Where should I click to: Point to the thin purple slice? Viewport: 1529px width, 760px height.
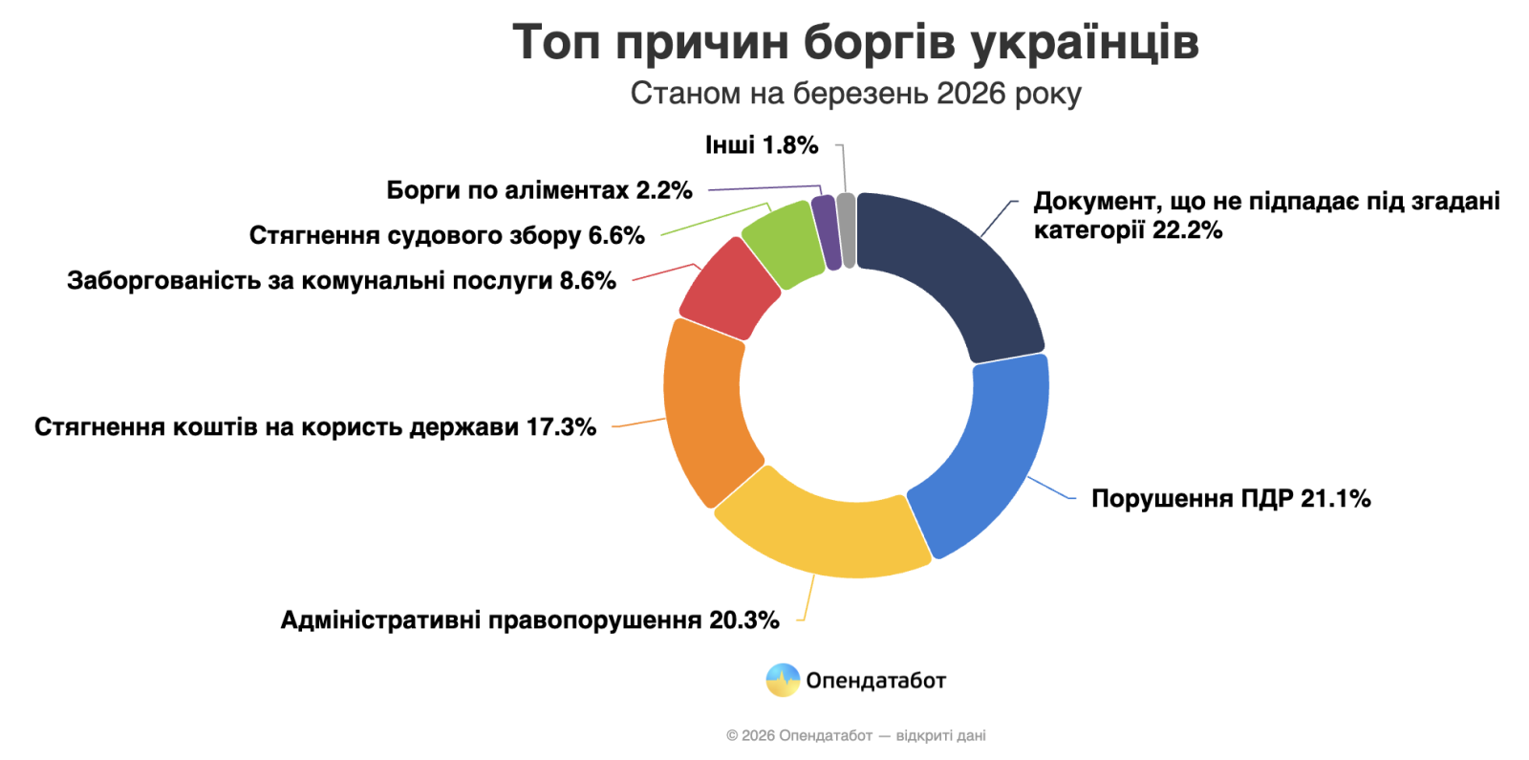(x=826, y=231)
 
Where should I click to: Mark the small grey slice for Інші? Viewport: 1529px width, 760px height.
(x=846, y=229)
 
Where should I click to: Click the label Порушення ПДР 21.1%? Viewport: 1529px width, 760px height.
(x=1231, y=498)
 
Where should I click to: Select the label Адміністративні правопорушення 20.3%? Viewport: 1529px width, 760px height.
(x=529, y=620)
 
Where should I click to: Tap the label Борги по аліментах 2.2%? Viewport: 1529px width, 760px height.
(x=539, y=190)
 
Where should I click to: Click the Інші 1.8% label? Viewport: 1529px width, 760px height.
(x=762, y=145)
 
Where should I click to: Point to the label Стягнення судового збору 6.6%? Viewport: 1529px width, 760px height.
(x=446, y=235)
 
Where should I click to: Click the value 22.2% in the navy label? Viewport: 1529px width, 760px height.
(x=1188, y=230)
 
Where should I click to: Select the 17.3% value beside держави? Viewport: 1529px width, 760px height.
(x=561, y=426)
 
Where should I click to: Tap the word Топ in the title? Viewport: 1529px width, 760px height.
(x=556, y=42)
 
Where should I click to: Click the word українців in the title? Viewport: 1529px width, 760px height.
(x=1085, y=42)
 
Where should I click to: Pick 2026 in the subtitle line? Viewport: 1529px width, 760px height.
(x=972, y=94)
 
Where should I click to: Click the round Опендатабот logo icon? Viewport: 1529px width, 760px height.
(x=783, y=680)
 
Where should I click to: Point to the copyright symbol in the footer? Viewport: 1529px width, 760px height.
(x=732, y=735)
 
